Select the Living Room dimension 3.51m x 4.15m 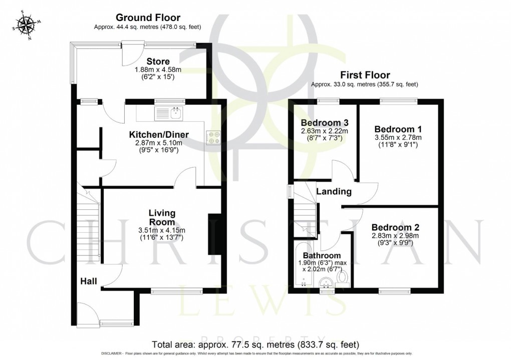click(x=161, y=230)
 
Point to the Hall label click(x=89, y=281)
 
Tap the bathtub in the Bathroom click(x=300, y=265)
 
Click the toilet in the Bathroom click(x=344, y=276)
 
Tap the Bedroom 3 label click(x=325, y=123)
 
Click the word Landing click(x=333, y=191)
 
